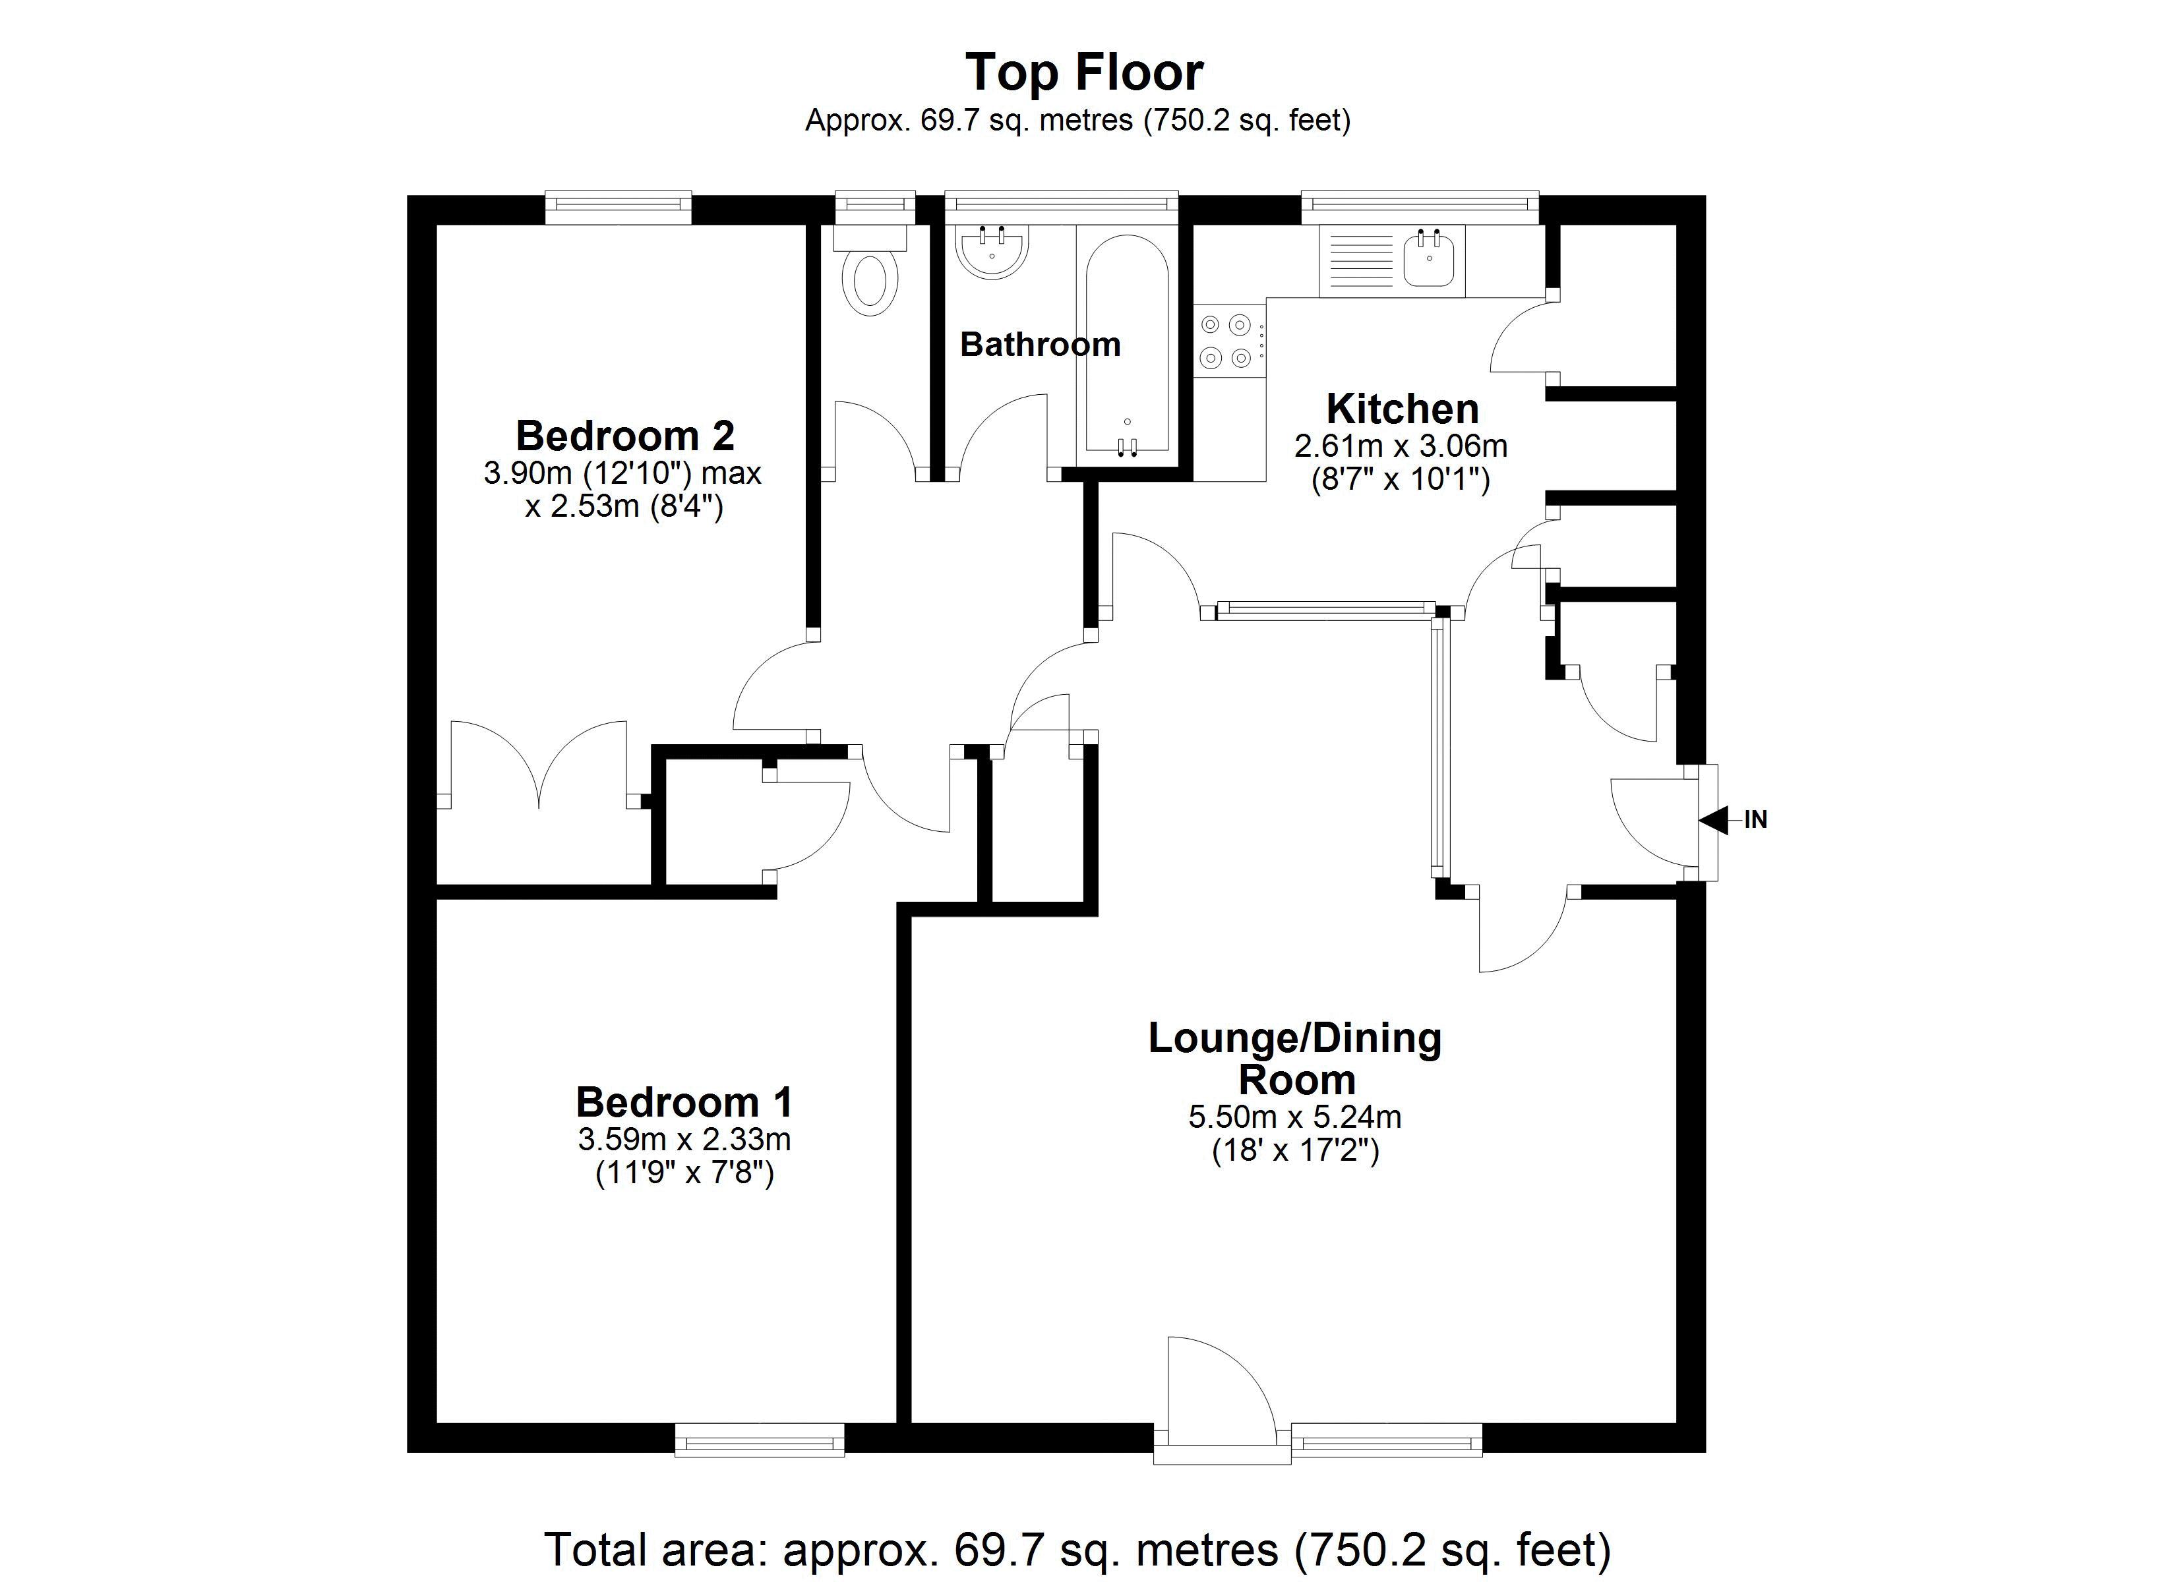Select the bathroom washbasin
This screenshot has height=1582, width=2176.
point(991,251)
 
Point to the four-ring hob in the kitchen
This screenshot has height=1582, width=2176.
point(1227,341)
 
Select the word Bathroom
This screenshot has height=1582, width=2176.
point(1040,344)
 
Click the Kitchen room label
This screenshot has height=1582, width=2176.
point(1402,409)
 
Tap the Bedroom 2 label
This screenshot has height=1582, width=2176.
point(624,436)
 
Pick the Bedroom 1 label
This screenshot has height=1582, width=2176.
point(684,1102)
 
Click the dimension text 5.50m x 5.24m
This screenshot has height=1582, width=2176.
point(1294,1117)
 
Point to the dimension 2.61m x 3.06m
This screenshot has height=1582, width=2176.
point(1401,446)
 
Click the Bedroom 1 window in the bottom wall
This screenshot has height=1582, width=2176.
point(759,1439)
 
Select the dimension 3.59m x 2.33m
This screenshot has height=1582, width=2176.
point(684,1140)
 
